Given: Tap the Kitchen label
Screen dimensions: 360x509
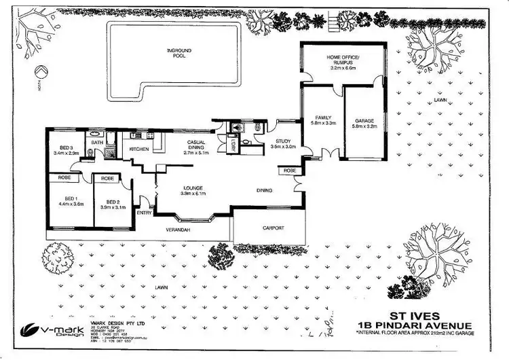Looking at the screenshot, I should pyautogui.click(x=139, y=149).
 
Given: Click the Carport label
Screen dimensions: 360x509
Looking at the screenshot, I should pyautogui.click(x=272, y=228).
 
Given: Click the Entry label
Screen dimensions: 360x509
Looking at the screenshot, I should pyautogui.click(x=144, y=213).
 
